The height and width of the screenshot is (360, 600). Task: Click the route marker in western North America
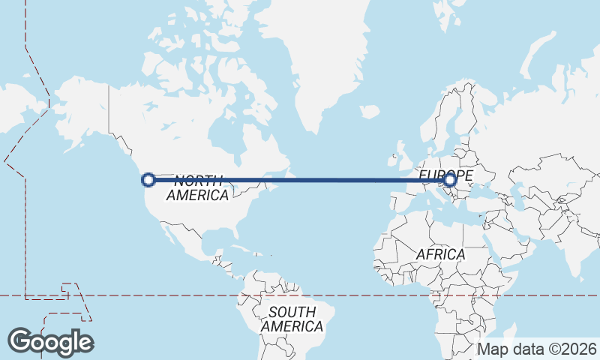(148, 179)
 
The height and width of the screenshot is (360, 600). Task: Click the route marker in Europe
(449, 179)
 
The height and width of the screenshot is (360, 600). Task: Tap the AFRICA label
(440, 254)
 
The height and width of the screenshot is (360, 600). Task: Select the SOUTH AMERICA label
(292, 319)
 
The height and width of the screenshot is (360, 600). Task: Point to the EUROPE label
(445, 174)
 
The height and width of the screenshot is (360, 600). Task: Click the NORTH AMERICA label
(198, 187)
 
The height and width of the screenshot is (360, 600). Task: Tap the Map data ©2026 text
(537, 349)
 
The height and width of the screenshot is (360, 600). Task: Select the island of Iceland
(369, 112)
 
